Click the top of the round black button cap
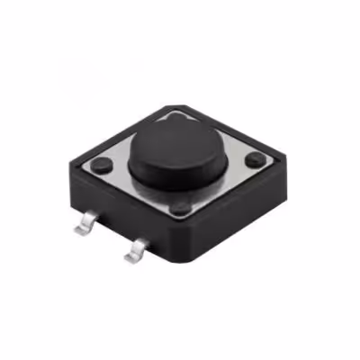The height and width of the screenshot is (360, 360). click(175, 139)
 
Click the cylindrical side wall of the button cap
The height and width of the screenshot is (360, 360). click(175, 171)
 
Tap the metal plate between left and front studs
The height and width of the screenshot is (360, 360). click(139, 188)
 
